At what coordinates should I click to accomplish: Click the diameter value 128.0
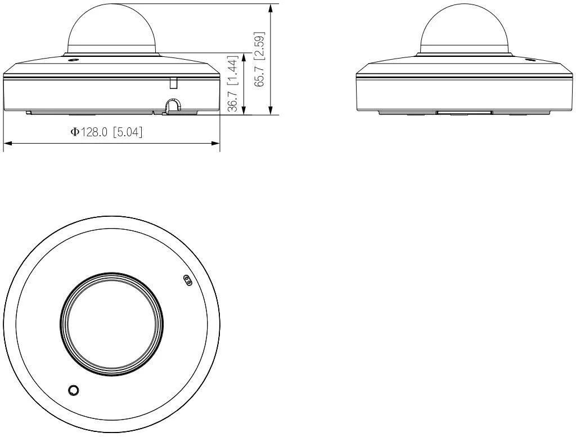click(x=95, y=132)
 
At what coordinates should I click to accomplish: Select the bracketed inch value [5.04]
click(x=128, y=132)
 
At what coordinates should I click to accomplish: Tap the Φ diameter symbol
click(x=74, y=132)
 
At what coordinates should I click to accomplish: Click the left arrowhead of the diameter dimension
click(x=7, y=143)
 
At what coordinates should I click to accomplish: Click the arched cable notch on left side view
click(x=173, y=105)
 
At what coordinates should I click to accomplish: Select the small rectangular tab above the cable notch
click(x=173, y=83)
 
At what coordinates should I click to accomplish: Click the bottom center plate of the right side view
click(x=464, y=113)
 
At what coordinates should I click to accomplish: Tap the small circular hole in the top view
click(x=73, y=390)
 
